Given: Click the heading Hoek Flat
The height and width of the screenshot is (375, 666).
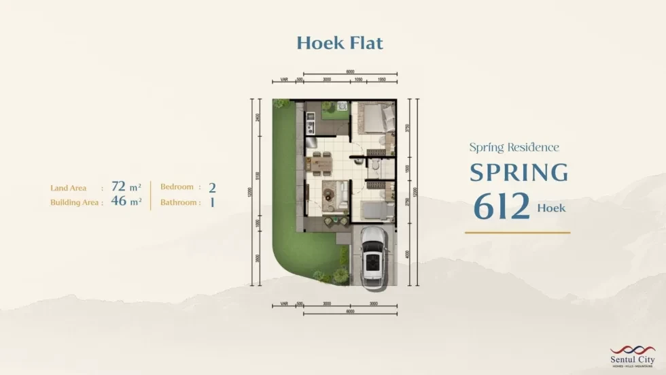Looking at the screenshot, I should click(340, 43).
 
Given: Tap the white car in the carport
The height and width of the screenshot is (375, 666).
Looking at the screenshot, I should click(373, 256).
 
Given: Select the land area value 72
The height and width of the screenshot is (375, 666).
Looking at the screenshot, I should click(119, 186).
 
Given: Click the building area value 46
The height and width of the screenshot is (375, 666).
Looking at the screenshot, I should click(119, 201).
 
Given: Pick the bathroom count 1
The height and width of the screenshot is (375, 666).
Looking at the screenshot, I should click(212, 202).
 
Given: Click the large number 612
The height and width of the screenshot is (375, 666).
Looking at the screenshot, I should click(502, 207).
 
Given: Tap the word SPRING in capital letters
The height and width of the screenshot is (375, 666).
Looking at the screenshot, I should click(519, 173).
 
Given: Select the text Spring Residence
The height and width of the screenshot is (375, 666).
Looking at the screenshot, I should click(514, 147).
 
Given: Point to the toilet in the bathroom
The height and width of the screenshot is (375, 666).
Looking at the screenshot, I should click(374, 165).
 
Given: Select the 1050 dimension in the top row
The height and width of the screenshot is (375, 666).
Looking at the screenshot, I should click(358, 80).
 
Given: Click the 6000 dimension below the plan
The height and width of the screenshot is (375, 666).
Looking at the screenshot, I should click(349, 312).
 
